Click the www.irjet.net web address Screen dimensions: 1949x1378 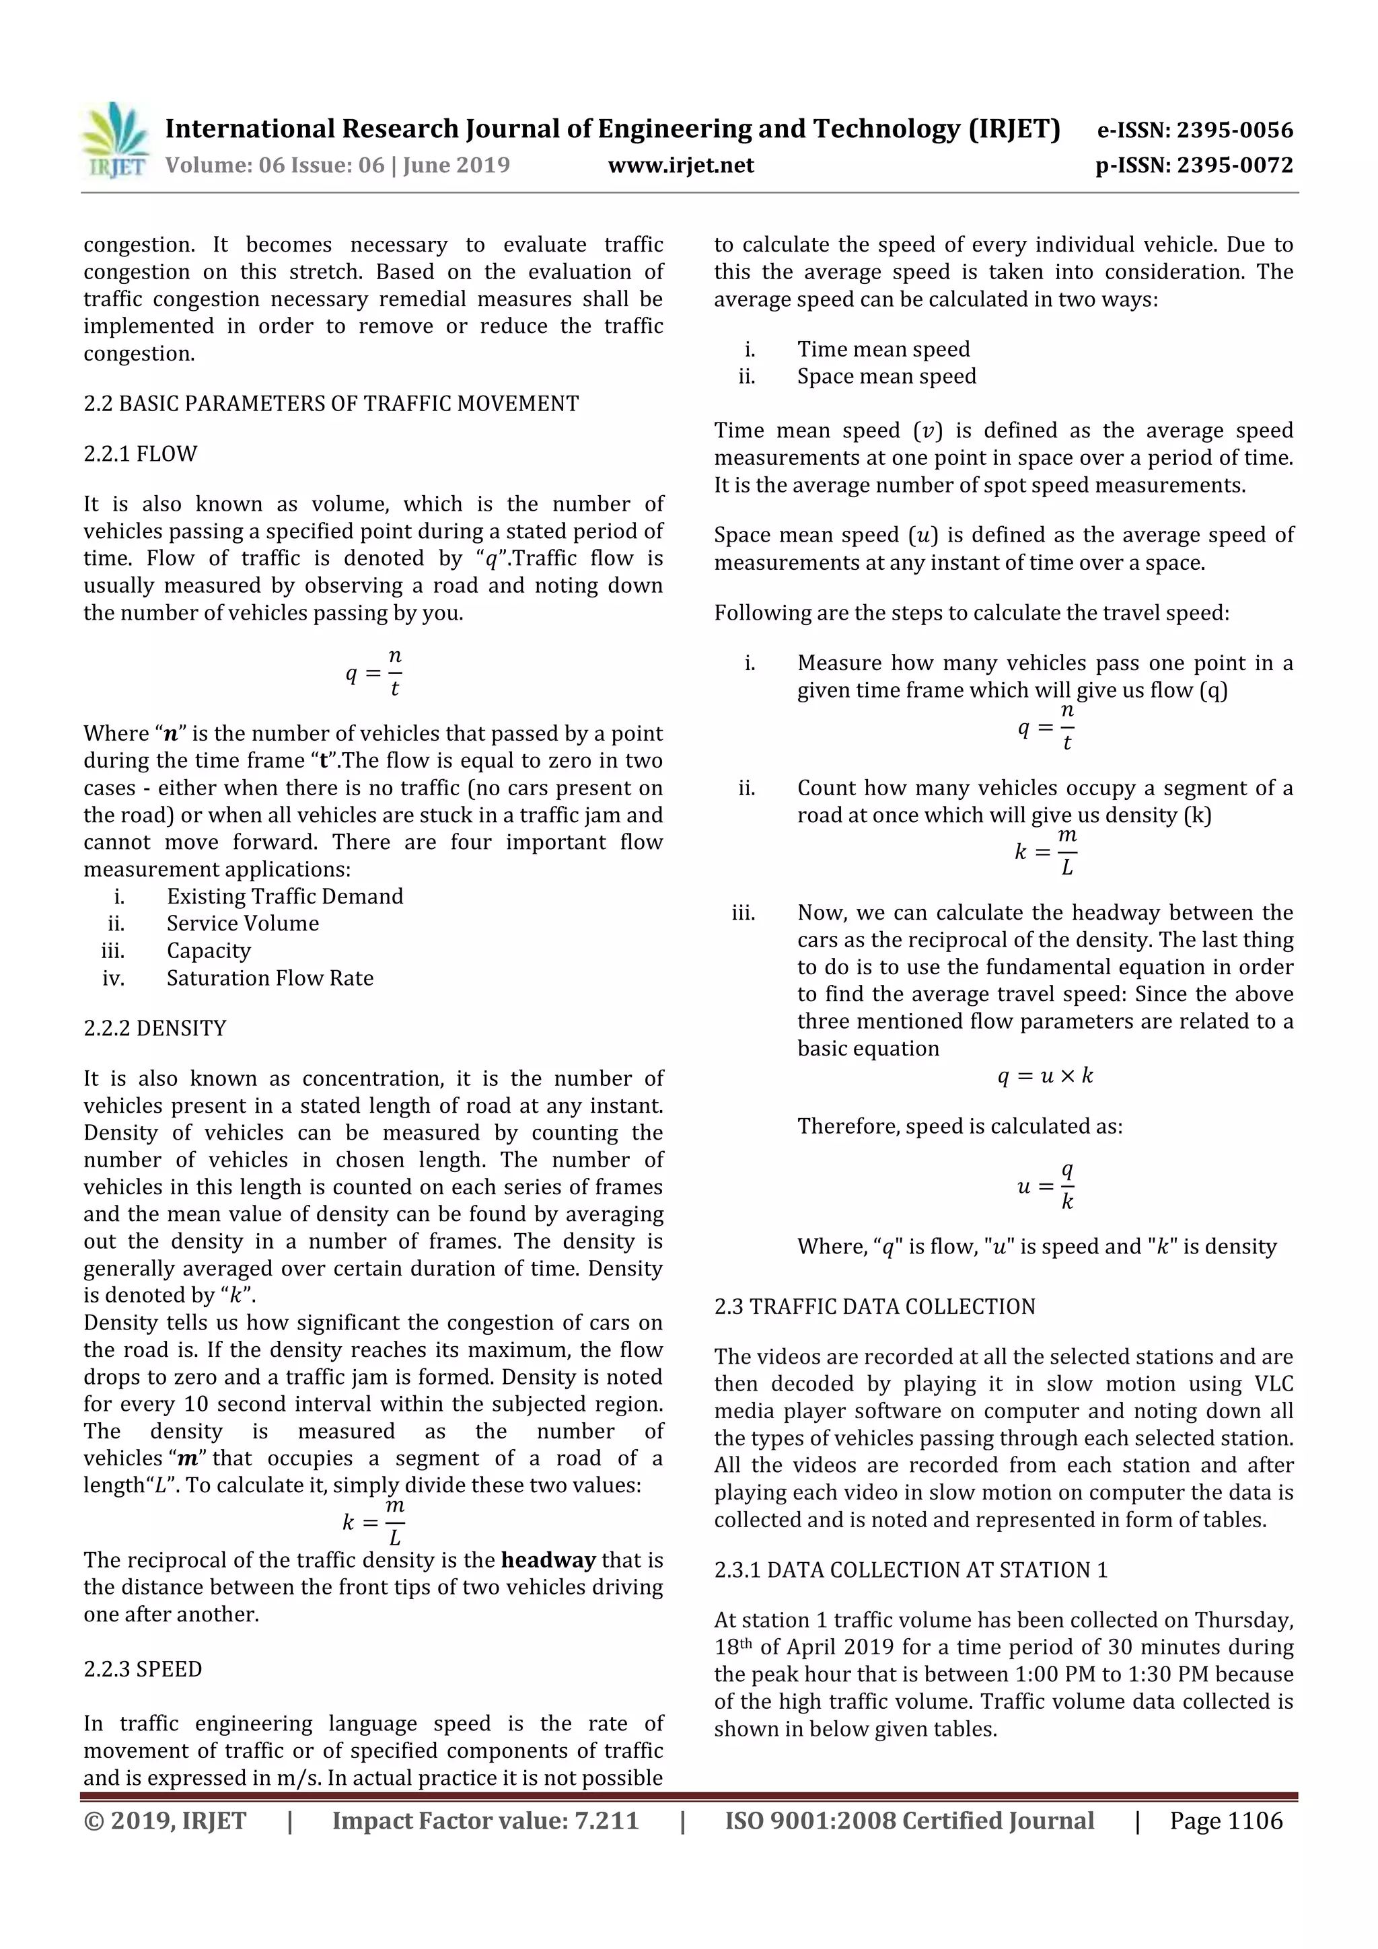(681, 165)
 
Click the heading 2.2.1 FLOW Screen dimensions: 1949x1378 (140, 454)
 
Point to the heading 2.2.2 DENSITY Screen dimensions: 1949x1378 (155, 1028)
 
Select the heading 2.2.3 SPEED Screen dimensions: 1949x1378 (143, 1669)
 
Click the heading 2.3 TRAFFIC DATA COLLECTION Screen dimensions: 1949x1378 (875, 1307)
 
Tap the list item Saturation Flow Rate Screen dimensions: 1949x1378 (270, 978)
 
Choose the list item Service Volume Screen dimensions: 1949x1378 (243, 924)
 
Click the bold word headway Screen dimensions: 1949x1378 (548, 1560)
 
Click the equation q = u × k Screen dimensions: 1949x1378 (1045, 1076)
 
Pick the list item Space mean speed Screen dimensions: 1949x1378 (886, 376)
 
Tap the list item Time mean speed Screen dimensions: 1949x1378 (883, 349)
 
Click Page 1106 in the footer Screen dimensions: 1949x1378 (1226, 1821)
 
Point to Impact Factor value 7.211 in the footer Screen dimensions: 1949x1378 (485, 1821)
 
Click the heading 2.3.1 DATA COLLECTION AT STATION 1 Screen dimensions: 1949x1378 (911, 1570)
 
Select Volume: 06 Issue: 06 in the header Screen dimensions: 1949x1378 (275, 165)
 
